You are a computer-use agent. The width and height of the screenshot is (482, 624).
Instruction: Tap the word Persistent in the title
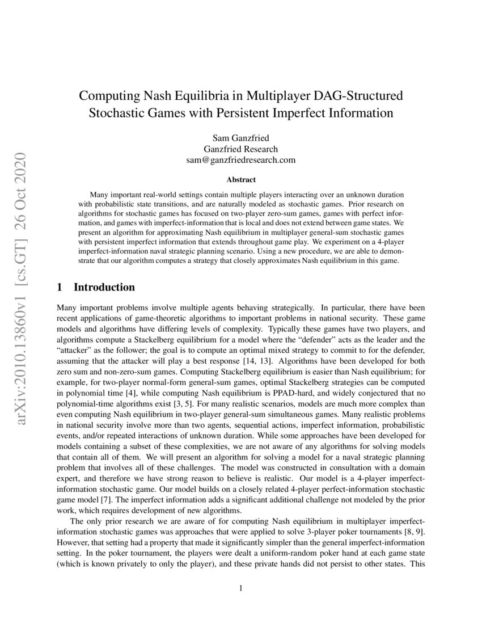coord(264,112)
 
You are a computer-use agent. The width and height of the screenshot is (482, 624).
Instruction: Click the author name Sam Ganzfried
coord(241,138)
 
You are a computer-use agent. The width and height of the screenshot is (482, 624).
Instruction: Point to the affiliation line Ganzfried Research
coord(241,149)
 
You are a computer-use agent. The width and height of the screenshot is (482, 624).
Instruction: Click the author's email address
coord(241,160)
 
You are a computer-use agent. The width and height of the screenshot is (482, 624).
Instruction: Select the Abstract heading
coord(241,180)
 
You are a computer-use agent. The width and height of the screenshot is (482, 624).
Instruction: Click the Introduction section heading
coord(104,287)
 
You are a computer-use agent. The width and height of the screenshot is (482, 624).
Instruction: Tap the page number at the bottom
coord(241,588)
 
